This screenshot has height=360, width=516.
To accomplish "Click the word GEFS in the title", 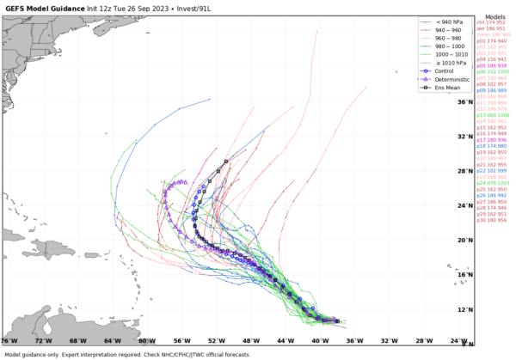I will tap(15, 8).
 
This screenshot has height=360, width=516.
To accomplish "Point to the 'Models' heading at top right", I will tap(494, 16).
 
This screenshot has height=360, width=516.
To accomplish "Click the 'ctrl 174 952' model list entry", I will tap(494, 23).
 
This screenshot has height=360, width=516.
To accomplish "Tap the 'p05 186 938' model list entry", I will tap(494, 64).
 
